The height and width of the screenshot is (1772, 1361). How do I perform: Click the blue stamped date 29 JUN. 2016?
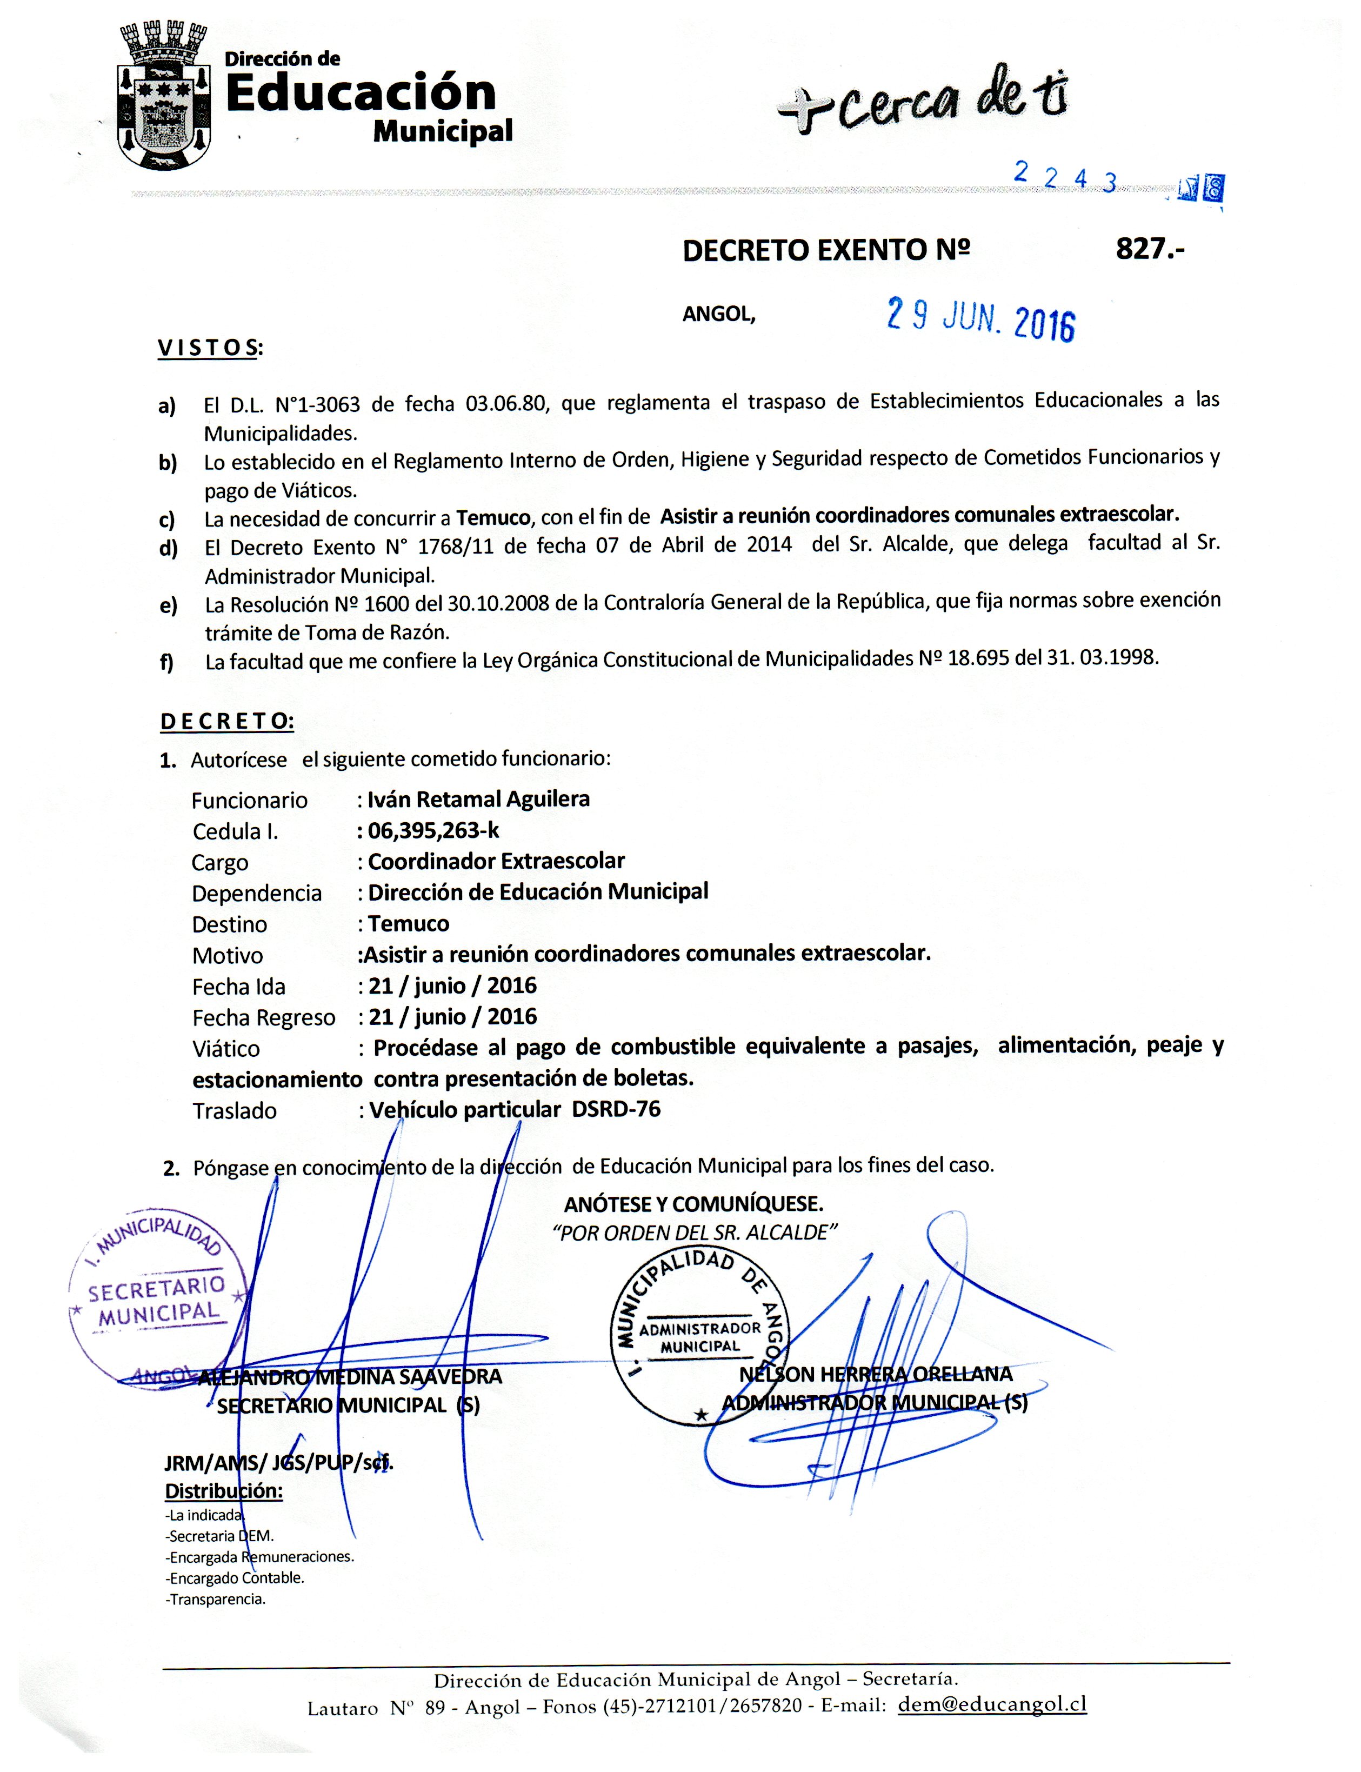tap(981, 318)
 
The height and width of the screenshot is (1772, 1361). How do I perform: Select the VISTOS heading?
tap(210, 349)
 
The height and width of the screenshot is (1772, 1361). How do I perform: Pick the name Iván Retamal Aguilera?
tap(478, 800)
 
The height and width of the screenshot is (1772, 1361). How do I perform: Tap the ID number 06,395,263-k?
tap(433, 830)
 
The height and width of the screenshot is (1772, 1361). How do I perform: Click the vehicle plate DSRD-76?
tap(616, 1109)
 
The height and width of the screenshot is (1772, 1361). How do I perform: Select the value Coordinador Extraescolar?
tap(496, 861)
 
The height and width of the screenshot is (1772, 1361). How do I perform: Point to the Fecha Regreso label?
tap(263, 1018)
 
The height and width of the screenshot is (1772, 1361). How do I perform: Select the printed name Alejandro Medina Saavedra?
tap(350, 1377)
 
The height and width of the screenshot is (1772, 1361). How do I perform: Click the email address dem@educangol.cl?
tap(992, 1705)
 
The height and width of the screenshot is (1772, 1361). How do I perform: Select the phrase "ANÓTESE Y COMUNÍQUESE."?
tap(693, 1203)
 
